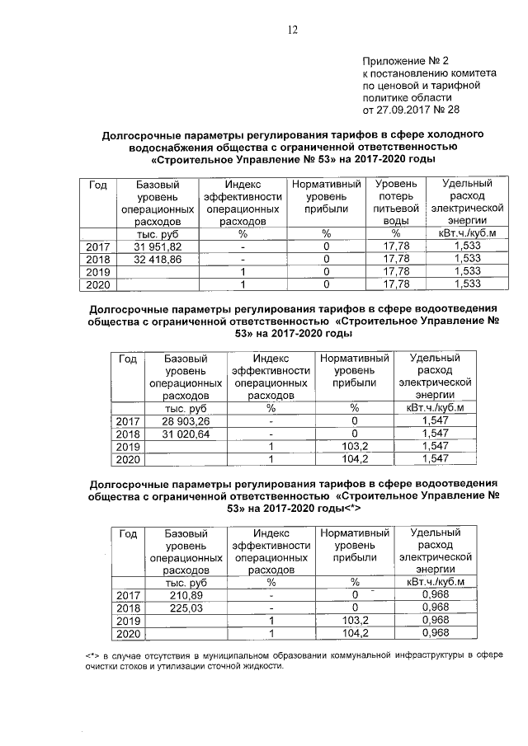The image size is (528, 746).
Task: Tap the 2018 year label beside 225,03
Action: click(128, 608)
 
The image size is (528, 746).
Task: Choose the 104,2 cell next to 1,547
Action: click(354, 458)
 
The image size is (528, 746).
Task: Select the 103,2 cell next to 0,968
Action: click(354, 620)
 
